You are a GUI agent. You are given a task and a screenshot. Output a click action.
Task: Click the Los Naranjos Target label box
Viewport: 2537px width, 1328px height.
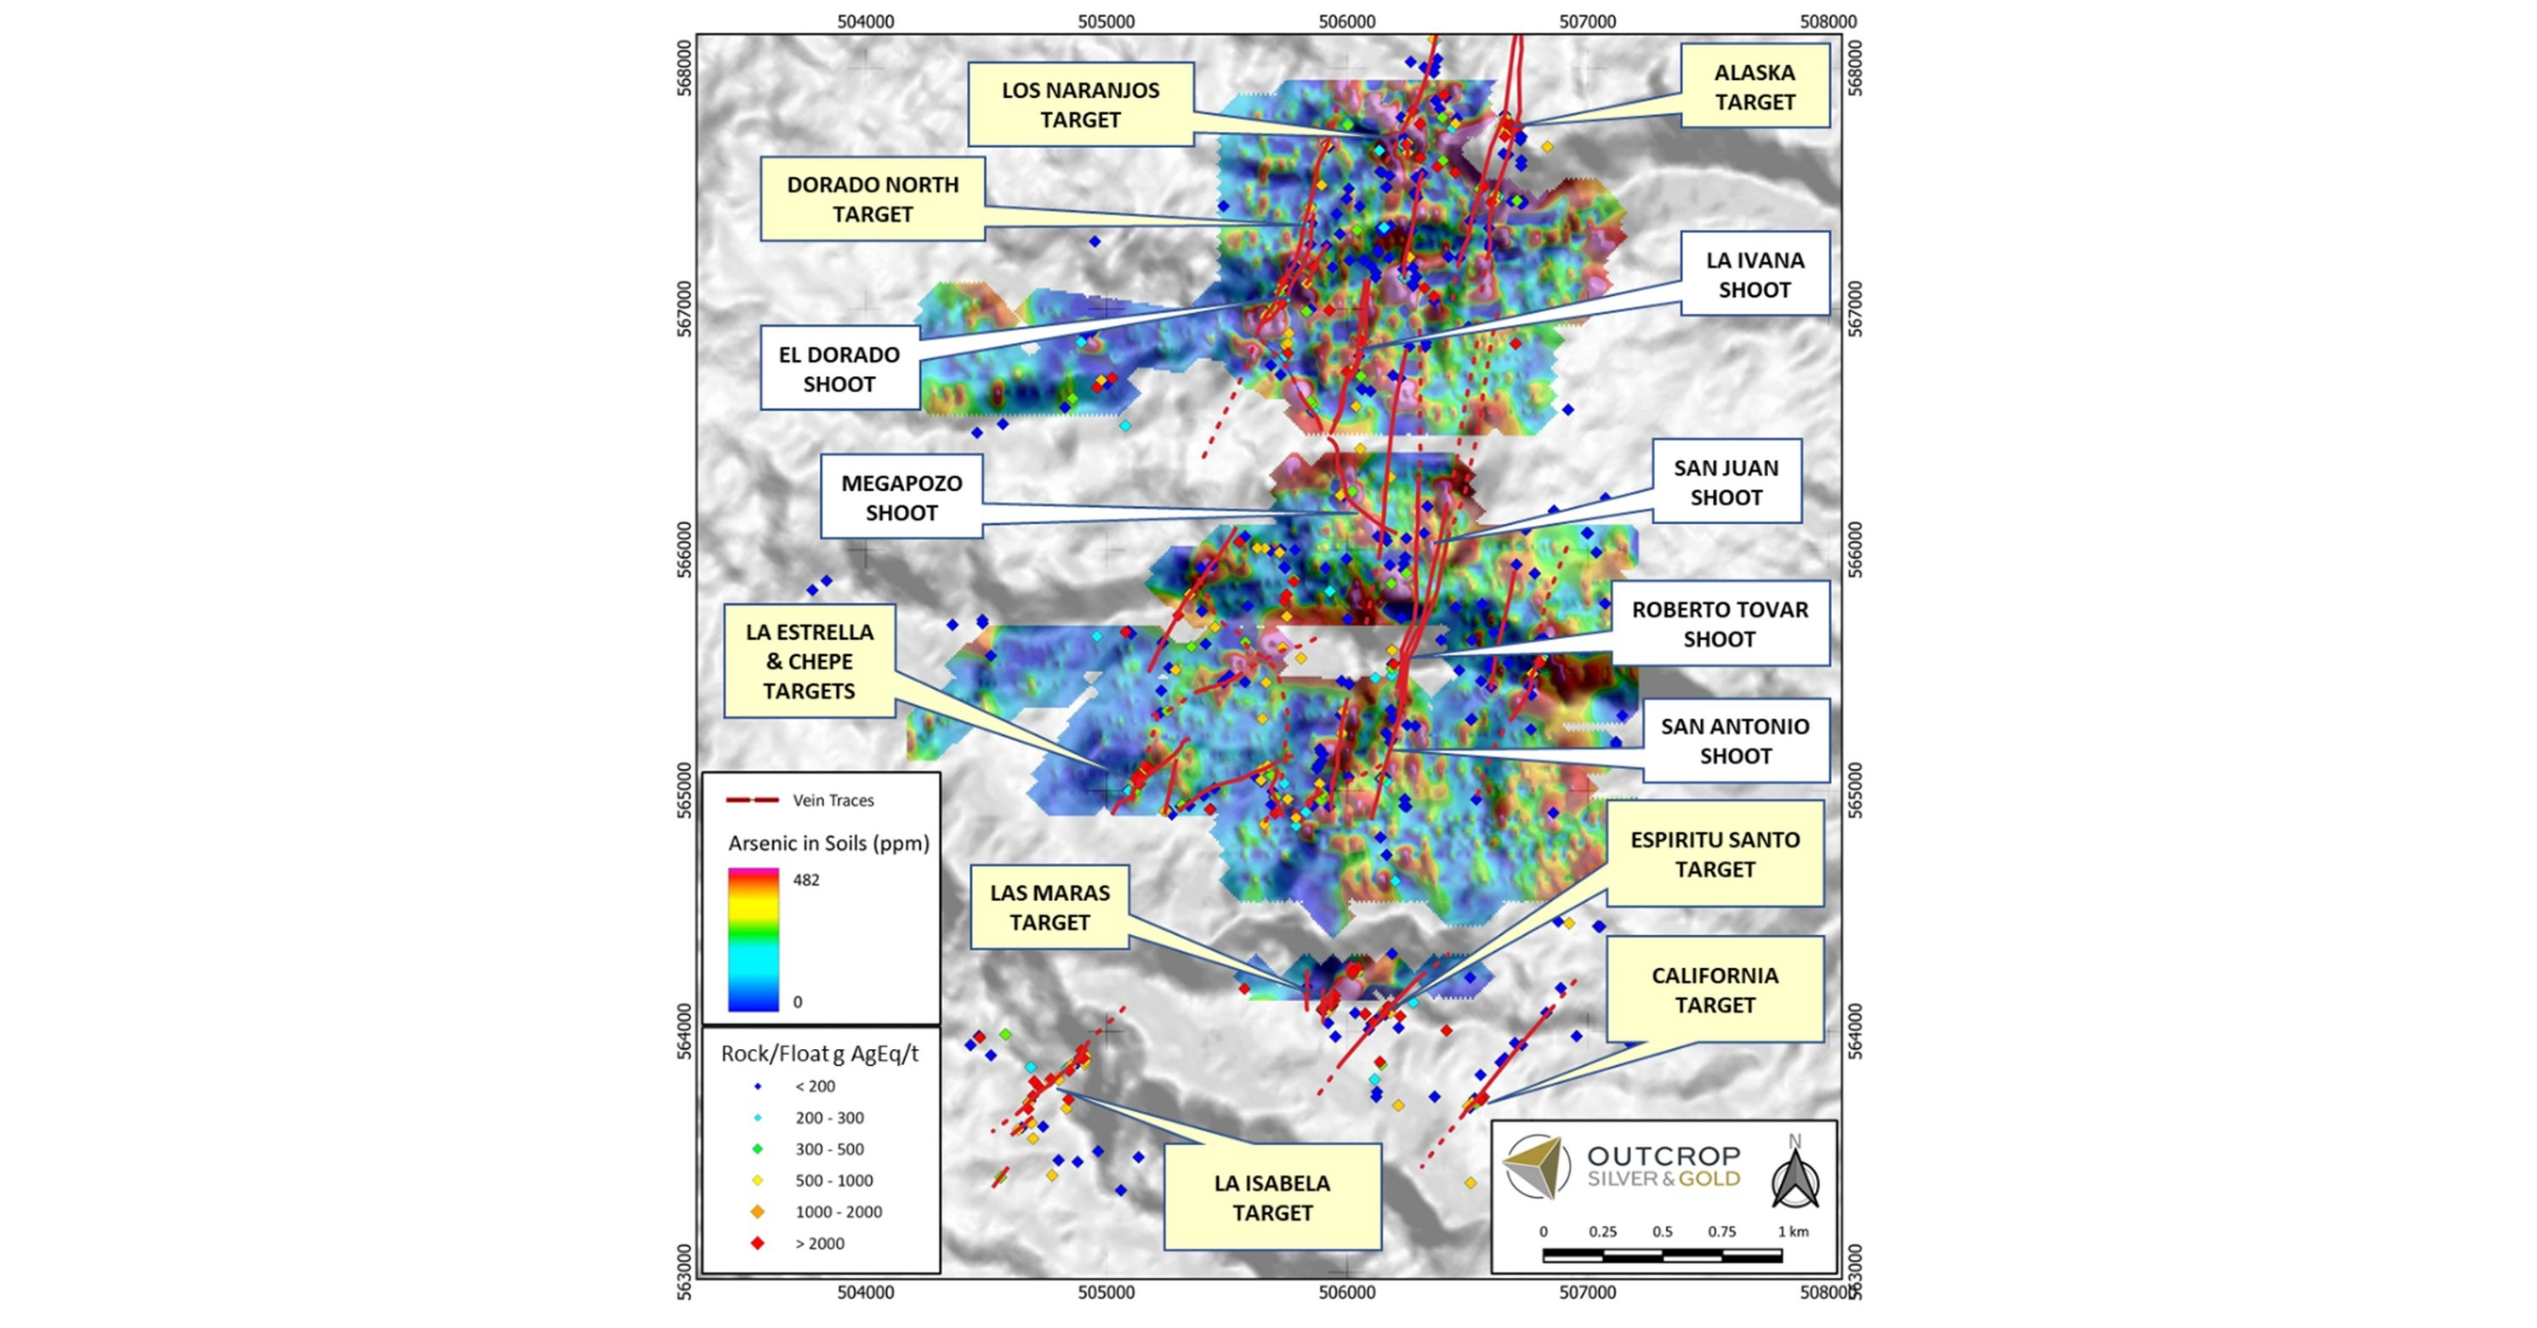1080,105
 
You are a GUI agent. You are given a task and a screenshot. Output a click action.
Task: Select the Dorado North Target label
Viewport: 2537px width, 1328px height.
873,199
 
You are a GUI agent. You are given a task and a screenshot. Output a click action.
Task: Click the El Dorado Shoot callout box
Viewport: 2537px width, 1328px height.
839,369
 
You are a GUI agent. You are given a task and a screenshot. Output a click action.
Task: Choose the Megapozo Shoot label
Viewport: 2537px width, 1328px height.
902,498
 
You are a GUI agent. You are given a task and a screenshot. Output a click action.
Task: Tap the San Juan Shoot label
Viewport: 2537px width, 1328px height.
1726,482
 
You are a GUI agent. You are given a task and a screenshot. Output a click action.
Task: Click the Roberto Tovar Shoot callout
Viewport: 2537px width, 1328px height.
1719,624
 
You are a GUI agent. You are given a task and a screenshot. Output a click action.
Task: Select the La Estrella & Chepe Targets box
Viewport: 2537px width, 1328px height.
810,661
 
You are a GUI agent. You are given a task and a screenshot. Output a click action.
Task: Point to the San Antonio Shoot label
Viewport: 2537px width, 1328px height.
1734,741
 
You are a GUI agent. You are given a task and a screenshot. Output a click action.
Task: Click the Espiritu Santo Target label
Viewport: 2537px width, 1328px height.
1715,854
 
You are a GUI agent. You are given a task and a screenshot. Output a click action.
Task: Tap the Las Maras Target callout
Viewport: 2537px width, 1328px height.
1049,908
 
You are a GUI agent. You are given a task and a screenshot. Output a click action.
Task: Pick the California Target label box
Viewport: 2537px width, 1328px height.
1715,990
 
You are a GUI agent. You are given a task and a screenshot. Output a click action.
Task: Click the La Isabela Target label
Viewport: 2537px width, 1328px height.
1271,1197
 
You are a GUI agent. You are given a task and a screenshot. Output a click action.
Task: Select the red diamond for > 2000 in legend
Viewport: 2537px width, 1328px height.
757,1243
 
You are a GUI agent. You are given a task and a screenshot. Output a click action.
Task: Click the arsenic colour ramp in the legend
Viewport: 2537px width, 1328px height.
754,940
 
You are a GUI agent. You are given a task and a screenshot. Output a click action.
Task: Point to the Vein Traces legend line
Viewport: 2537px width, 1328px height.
753,800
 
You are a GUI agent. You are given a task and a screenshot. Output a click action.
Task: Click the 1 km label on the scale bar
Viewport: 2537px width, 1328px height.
1793,1232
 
